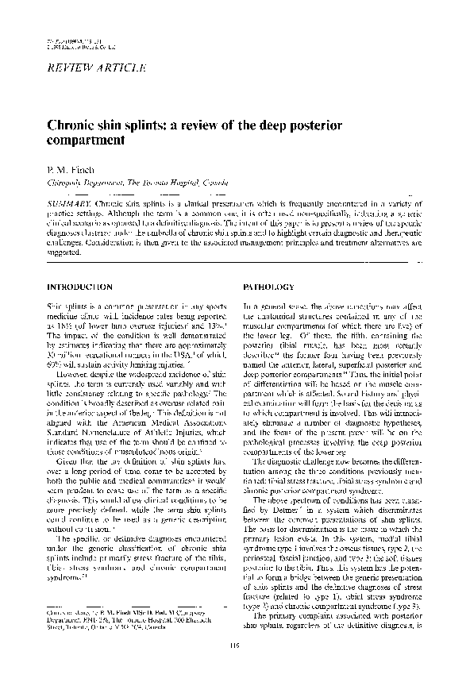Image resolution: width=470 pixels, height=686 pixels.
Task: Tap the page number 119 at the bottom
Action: pos(235,665)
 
